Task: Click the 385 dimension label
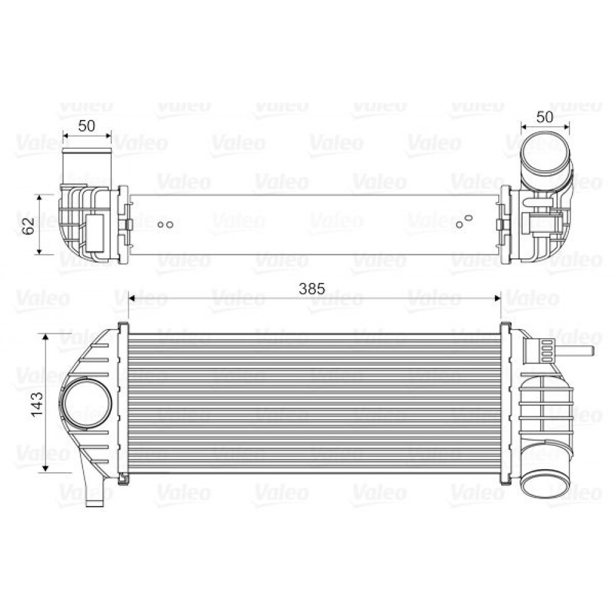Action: click(x=311, y=288)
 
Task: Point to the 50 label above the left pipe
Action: click(x=87, y=126)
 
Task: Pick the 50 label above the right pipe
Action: click(x=545, y=116)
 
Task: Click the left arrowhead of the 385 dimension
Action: click(x=131, y=298)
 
